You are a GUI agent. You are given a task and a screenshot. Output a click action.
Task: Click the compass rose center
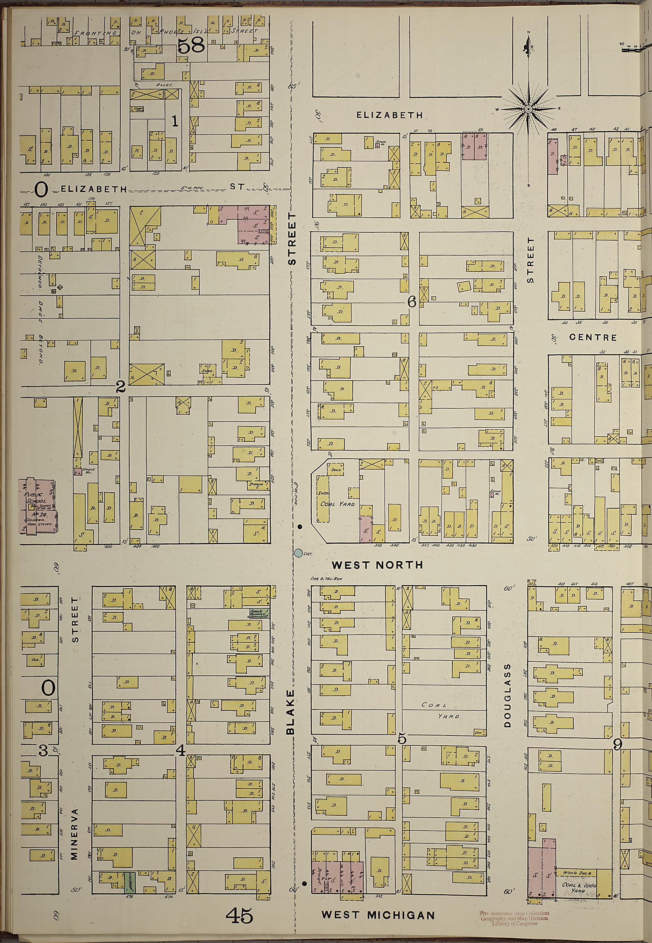pos(528,109)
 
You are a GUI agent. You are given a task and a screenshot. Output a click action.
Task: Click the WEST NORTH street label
pos(377,565)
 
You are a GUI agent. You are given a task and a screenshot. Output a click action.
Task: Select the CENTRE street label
pos(593,337)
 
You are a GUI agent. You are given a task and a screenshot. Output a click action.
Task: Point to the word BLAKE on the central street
pos(290,712)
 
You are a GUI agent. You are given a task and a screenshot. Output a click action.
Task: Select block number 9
pos(617,745)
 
